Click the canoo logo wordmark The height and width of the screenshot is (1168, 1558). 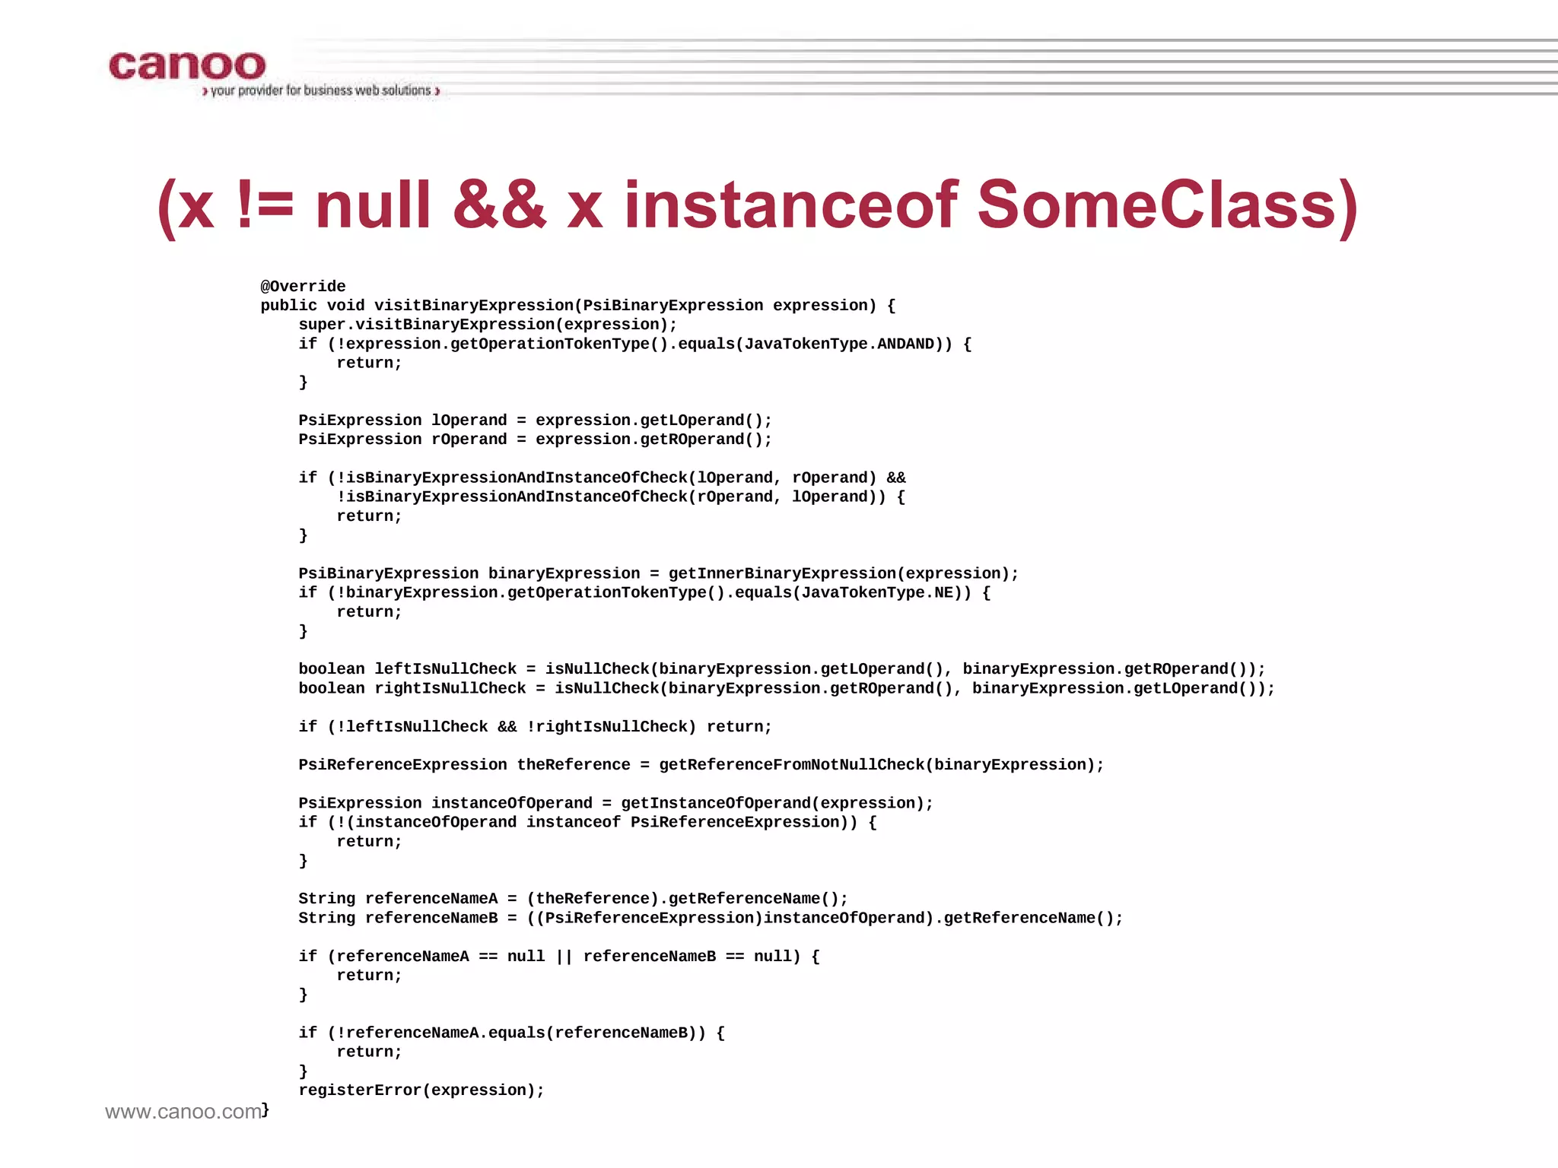click(187, 66)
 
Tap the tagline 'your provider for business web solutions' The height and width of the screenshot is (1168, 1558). click(321, 90)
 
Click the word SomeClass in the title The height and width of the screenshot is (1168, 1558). click(1156, 205)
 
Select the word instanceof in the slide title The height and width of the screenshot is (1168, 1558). click(791, 205)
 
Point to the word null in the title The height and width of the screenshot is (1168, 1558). click(373, 205)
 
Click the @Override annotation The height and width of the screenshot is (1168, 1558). click(303, 287)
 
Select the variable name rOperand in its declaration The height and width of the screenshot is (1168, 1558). click(469, 440)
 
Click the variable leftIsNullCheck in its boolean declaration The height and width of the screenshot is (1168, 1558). click(445, 669)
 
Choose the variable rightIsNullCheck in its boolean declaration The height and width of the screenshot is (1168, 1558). click(450, 688)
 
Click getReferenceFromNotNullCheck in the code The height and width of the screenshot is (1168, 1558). click(791, 765)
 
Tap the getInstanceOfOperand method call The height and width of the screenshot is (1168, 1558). click(715, 803)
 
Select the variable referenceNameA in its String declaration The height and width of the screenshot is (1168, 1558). click(431, 899)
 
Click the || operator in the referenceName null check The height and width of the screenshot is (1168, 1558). click(564, 957)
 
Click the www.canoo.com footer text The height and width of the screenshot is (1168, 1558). click(183, 1112)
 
